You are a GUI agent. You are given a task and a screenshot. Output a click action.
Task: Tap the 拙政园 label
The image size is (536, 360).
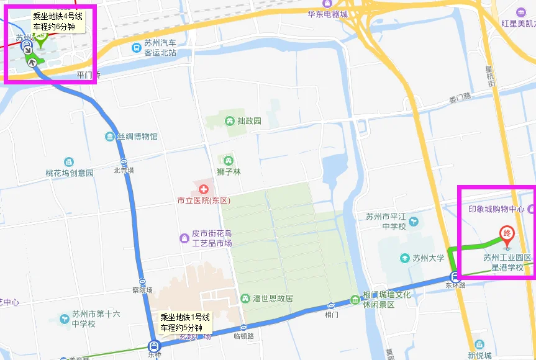tap(248, 121)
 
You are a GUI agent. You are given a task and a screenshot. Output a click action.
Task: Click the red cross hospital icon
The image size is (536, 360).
tap(203, 188)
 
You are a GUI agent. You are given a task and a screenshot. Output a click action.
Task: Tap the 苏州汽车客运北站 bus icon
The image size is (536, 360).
tap(136, 47)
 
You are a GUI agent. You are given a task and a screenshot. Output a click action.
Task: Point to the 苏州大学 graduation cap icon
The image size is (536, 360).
tap(405, 258)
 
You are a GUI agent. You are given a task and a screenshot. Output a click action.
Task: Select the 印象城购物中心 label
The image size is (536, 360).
tap(496, 209)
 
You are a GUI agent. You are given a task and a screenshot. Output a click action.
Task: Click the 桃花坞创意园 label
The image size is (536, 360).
tap(70, 173)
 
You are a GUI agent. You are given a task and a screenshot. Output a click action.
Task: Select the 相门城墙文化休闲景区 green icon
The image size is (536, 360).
tap(355, 299)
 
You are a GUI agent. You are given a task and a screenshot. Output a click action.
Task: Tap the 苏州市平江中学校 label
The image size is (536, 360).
tap(386, 222)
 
